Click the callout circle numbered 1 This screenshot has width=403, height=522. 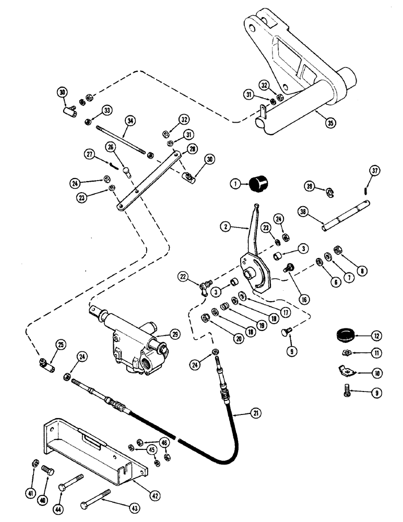(236, 184)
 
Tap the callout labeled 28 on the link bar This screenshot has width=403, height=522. (193, 148)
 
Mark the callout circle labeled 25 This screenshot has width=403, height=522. (61, 343)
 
